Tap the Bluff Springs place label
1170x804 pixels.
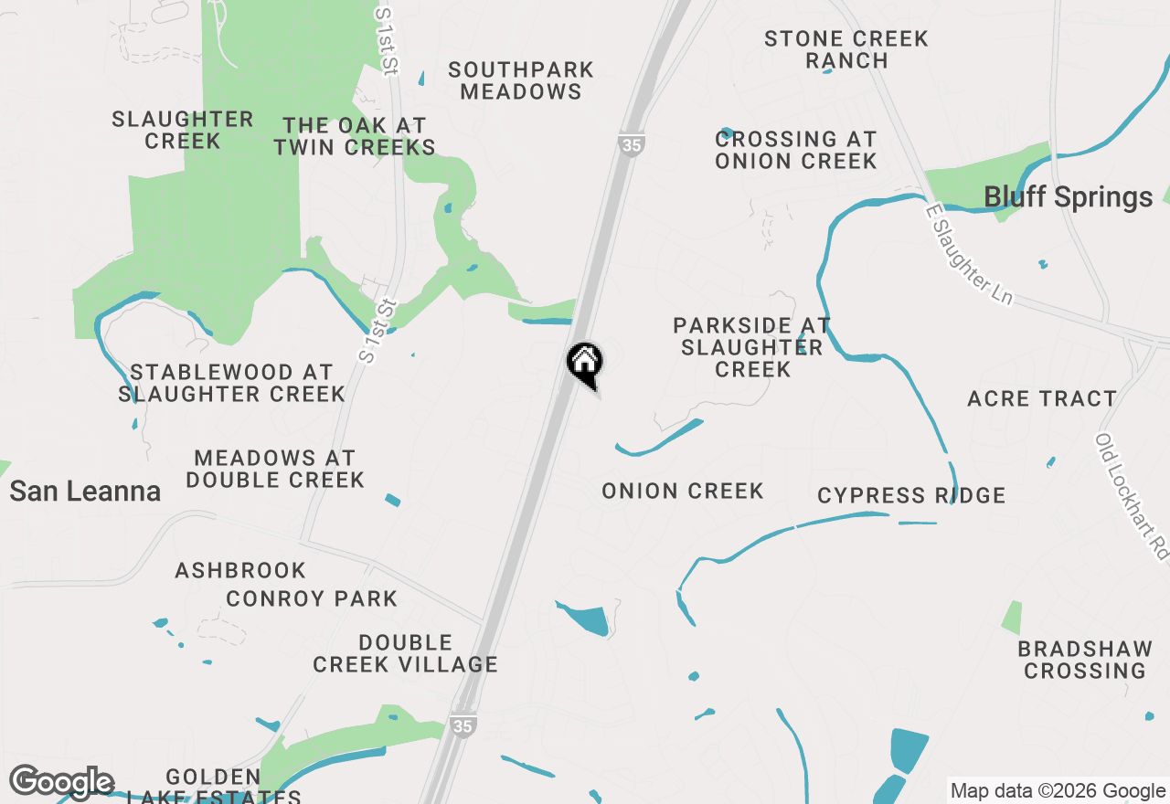(x=1068, y=197)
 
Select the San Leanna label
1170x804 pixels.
(x=85, y=492)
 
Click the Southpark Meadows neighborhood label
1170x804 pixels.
(x=521, y=80)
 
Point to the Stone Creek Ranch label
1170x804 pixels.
(x=846, y=49)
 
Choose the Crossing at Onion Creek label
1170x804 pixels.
(x=796, y=150)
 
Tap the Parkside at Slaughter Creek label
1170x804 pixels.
(x=752, y=347)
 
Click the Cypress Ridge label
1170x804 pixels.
(x=911, y=495)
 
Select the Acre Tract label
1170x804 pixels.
(x=1042, y=398)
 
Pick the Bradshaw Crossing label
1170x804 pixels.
(x=1085, y=660)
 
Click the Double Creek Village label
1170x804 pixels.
(x=406, y=653)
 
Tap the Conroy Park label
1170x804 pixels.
(x=312, y=598)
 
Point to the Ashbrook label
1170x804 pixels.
(x=240, y=570)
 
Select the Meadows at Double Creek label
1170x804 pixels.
(x=275, y=468)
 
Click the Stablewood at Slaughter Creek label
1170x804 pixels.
(x=232, y=383)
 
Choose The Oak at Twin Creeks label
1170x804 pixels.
(x=354, y=136)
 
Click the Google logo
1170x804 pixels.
(x=61, y=783)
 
